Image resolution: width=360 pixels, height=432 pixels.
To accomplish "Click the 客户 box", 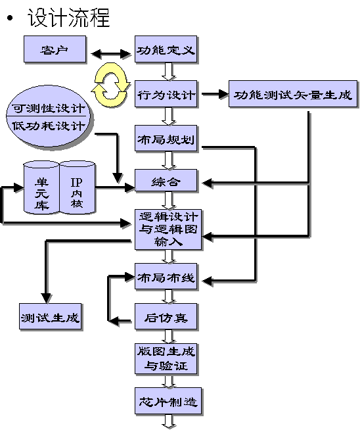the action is click(x=55, y=49).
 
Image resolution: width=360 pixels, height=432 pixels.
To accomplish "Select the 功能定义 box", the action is click(x=166, y=49).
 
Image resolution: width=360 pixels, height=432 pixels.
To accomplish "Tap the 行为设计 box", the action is click(x=166, y=93).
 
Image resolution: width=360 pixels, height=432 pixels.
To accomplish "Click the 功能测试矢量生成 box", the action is click(x=293, y=93).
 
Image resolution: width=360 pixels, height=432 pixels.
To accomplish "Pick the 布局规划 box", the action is click(x=166, y=138).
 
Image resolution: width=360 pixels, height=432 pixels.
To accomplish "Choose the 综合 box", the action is click(x=166, y=180).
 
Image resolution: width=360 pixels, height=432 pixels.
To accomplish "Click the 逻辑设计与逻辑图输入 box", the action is click(x=168, y=229).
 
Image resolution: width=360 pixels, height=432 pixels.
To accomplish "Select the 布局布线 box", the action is click(x=166, y=276).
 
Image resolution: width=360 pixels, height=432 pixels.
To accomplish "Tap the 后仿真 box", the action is click(x=166, y=316).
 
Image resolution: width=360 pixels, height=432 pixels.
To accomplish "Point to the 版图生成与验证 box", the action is click(x=166, y=359).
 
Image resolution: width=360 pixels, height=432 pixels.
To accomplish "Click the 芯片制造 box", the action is click(x=168, y=401).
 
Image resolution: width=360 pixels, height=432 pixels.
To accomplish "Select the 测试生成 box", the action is click(x=51, y=316).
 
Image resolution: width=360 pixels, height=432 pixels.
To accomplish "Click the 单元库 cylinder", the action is click(x=41, y=188).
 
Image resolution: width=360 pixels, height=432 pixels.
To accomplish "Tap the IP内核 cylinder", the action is click(x=78, y=188).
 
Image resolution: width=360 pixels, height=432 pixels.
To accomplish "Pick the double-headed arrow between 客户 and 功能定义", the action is click(x=110, y=53).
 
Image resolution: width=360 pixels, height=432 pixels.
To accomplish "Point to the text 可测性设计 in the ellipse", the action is click(x=49, y=108).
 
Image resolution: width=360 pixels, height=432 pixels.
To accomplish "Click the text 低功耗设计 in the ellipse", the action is click(x=49, y=126).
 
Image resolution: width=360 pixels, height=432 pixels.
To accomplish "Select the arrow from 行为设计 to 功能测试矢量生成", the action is click(x=215, y=94).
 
